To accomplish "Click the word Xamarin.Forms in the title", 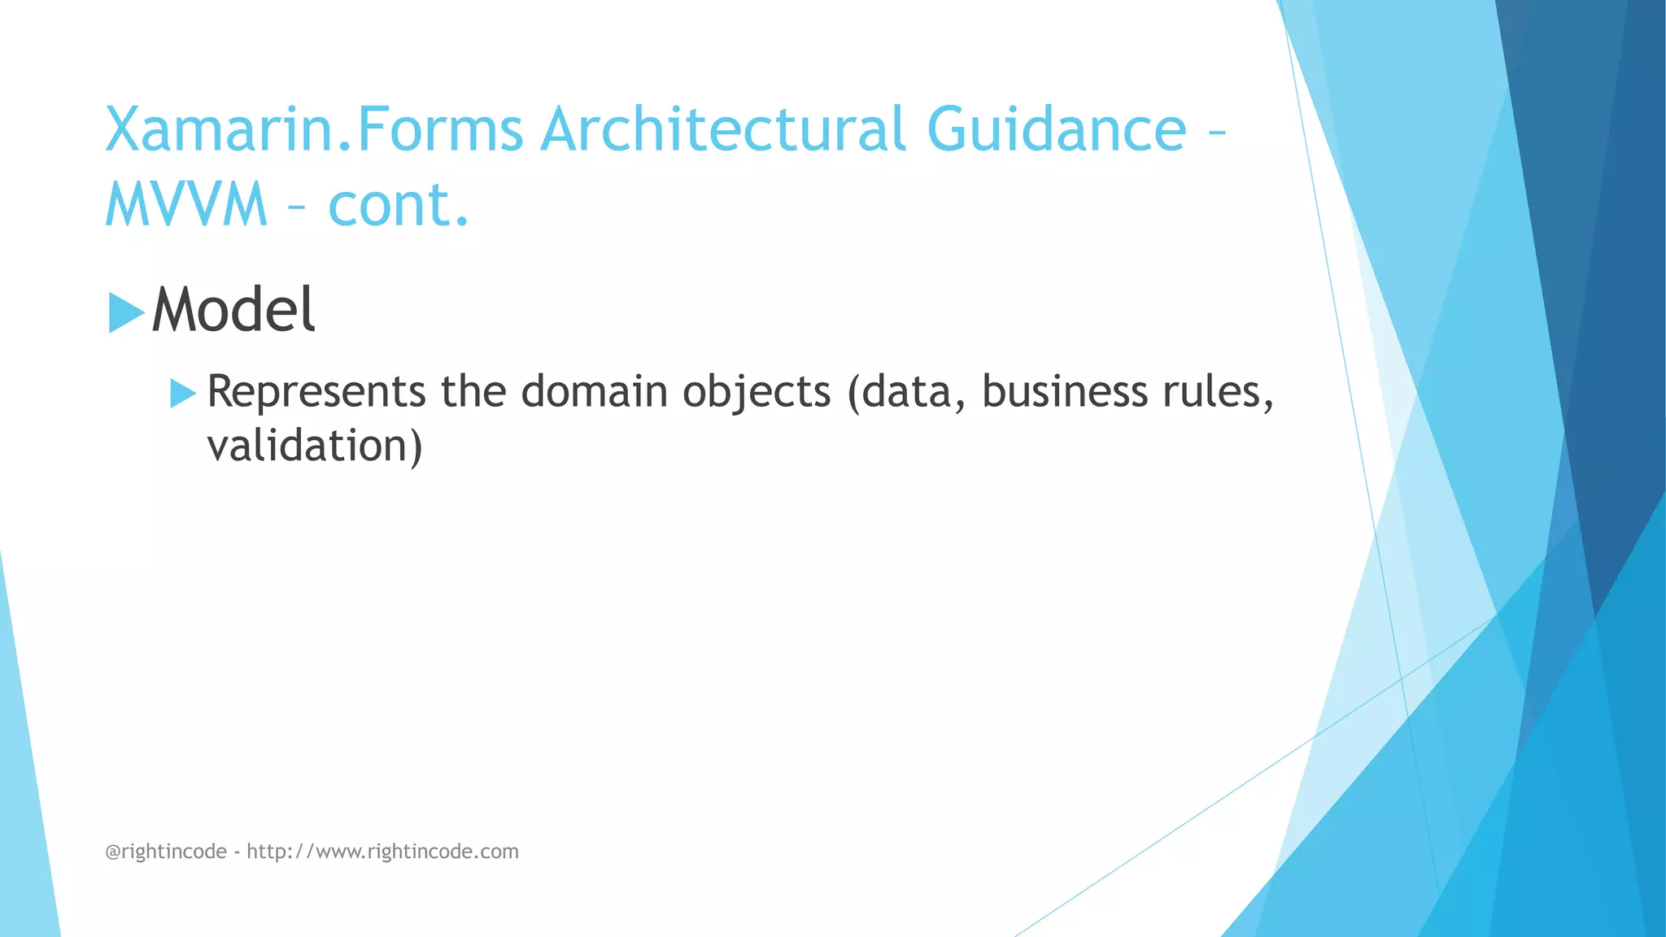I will click(314, 130).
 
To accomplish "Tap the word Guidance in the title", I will click(1056, 130).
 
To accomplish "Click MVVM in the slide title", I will click(186, 204).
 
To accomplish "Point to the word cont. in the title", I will click(399, 204).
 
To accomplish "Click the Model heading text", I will click(233, 311).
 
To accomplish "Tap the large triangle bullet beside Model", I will click(125, 313).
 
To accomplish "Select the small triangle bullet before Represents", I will click(182, 394).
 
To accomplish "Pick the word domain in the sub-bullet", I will click(593, 392).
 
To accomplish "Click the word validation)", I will click(315, 447).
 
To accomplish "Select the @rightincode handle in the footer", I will click(166, 852).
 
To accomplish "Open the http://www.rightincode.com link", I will click(382, 852).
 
